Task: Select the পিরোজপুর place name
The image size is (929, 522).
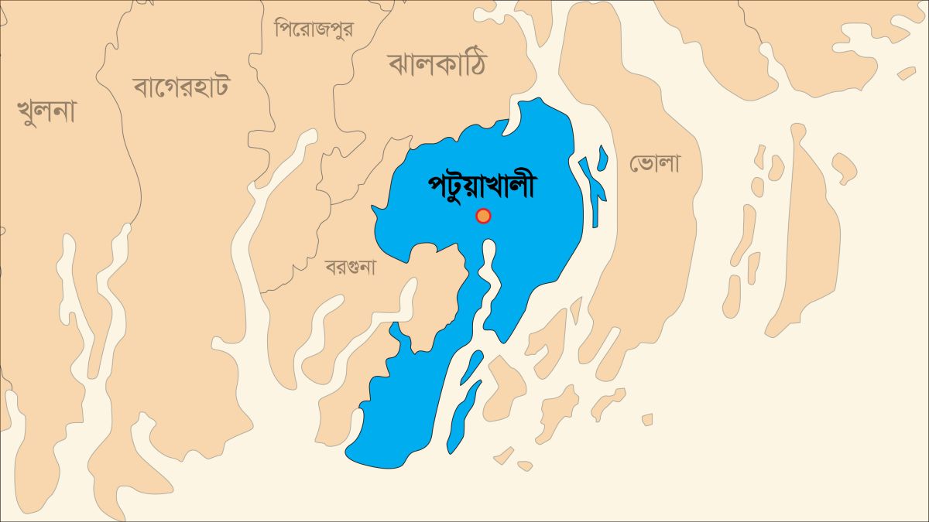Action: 314,29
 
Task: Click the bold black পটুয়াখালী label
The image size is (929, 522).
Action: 482,186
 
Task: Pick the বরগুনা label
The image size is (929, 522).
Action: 350,268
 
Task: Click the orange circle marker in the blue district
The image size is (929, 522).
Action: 483,216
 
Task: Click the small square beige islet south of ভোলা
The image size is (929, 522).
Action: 647,419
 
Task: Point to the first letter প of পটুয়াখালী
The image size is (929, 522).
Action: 437,188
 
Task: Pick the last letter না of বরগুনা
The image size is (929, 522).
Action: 367,268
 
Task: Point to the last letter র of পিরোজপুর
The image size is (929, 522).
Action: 347,29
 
